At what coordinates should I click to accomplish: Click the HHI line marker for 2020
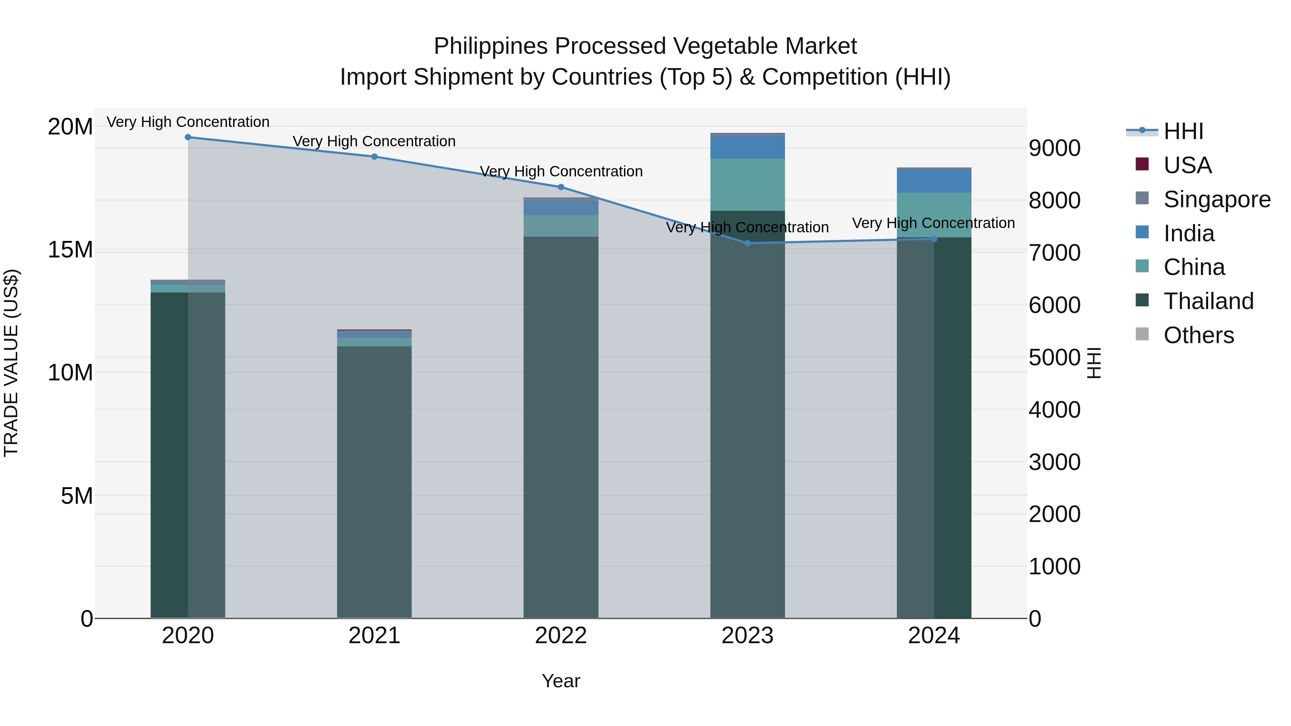pyautogui.click(x=188, y=137)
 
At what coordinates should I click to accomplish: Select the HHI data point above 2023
pyautogui.click(x=747, y=243)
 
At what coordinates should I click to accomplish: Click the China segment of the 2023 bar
pyautogui.click(x=747, y=184)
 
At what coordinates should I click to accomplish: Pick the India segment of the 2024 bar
pyautogui.click(x=934, y=181)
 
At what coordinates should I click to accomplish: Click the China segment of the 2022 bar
pyautogui.click(x=561, y=226)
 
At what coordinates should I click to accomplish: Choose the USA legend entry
pyautogui.click(x=1187, y=165)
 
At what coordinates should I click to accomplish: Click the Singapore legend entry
pyautogui.click(x=1216, y=199)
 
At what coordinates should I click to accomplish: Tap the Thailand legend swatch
pyautogui.click(x=1142, y=301)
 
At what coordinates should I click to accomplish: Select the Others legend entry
pyautogui.click(x=1198, y=335)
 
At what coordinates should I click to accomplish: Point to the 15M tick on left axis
pyautogui.click(x=70, y=250)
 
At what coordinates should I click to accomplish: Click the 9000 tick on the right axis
pyautogui.click(x=1054, y=148)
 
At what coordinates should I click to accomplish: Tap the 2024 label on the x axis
pyautogui.click(x=934, y=636)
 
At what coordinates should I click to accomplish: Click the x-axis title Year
pyautogui.click(x=561, y=681)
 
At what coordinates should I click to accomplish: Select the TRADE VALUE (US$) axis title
pyautogui.click(x=11, y=363)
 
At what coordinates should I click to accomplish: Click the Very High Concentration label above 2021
pyautogui.click(x=374, y=141)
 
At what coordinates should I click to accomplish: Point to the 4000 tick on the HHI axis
pyautogui.click(x=1054, y=410)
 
